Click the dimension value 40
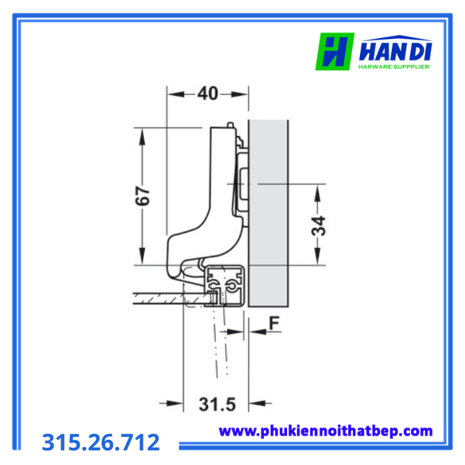[208, 94]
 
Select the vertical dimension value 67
[143, 196]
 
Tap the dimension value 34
[319, 226]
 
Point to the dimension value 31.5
[217, 404]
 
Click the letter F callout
[274, 324]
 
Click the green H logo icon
[335, 51]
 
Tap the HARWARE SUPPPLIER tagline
[394, 66]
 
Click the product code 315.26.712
[101, 442]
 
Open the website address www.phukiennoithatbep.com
[325, 431]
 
